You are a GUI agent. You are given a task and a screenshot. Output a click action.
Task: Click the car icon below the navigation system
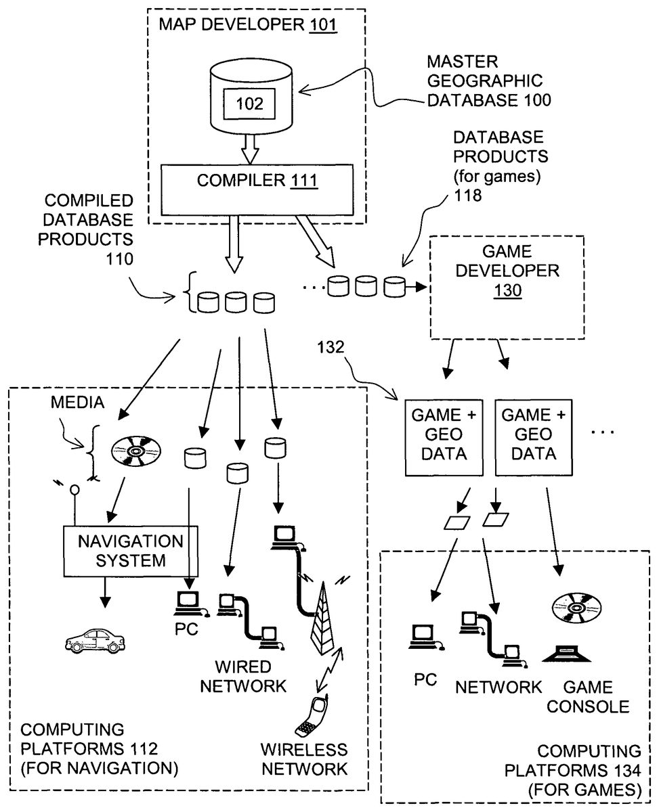tap(95, 638)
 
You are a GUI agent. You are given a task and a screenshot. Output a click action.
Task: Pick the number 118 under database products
tap(468, 196)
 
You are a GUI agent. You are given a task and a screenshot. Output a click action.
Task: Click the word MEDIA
tap(77, 403)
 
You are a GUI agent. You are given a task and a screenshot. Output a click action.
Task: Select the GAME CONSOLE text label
tap(588, 698)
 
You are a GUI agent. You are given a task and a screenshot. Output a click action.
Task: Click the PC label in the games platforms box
tap(425, 679)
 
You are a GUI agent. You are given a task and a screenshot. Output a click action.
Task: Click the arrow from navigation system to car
tap(104, 590)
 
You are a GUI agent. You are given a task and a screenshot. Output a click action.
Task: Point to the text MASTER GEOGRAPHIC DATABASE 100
tap(488, 81)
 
